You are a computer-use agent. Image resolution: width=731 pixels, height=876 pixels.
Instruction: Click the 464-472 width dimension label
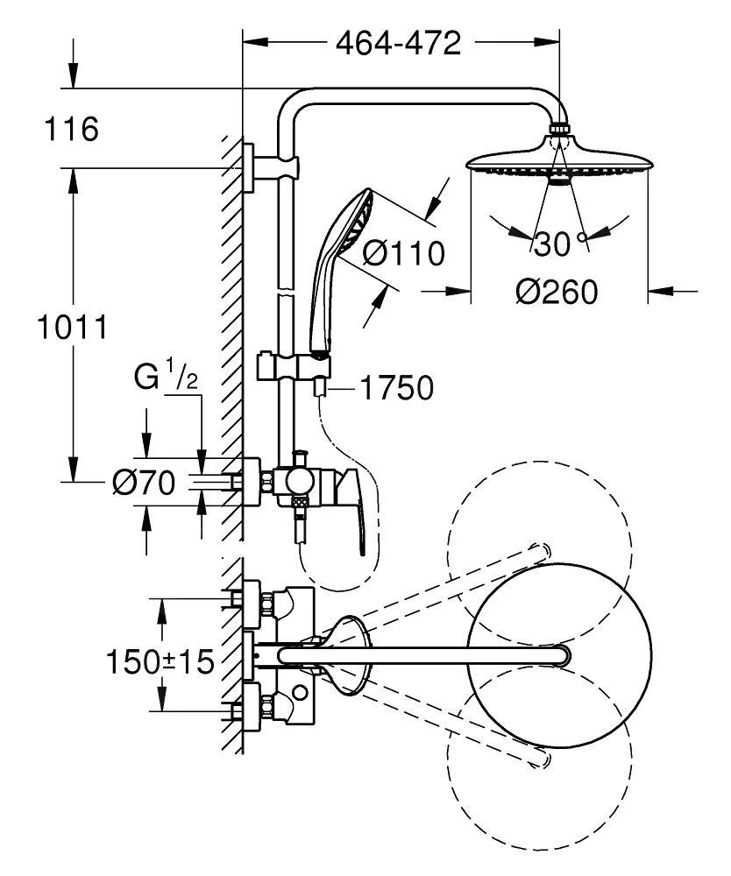tap(399, 42)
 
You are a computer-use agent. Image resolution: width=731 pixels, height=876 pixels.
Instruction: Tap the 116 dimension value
tap(71, 131)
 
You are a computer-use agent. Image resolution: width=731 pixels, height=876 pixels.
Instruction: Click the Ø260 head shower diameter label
tap(557, 292)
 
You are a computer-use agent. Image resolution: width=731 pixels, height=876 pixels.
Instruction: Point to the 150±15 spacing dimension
tap(160, 661)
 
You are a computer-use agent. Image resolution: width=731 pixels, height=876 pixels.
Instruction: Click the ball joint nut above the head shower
tap(558, 131)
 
